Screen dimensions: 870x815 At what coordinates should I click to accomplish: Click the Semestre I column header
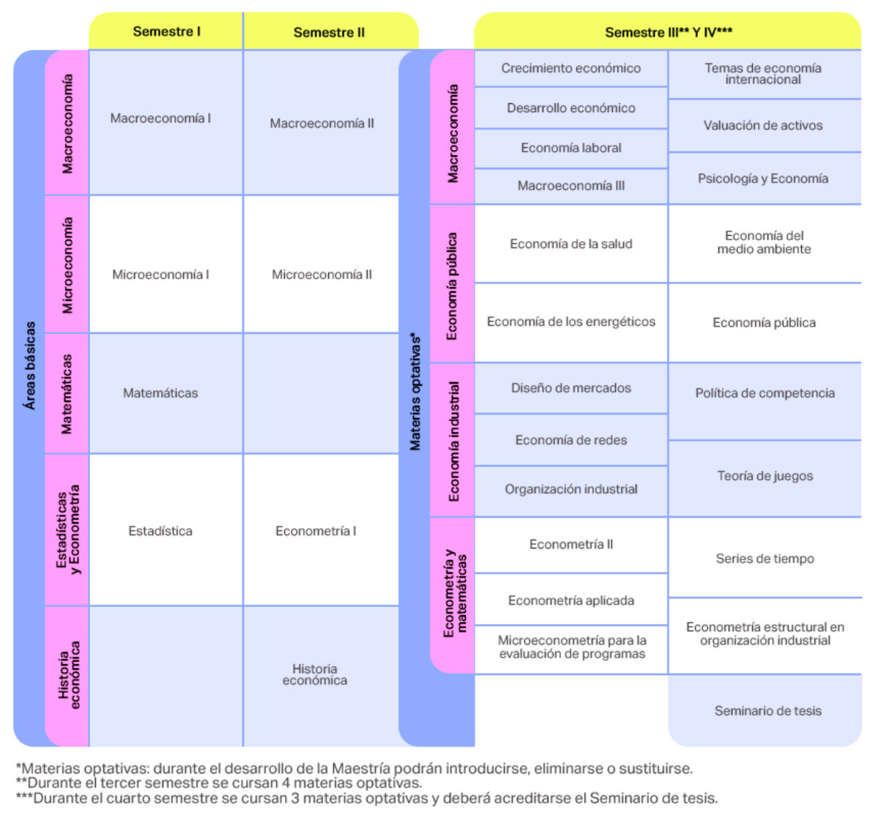tap(166, 31)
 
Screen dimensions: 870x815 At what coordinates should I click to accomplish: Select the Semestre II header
tap(330, 32)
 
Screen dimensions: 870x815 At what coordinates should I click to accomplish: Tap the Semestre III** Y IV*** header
tap(668, 32)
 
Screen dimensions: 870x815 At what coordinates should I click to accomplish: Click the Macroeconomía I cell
tap(166, 122)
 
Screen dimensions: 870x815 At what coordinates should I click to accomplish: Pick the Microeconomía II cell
tap(321, 264)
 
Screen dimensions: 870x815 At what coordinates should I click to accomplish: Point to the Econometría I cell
tap(321, 530)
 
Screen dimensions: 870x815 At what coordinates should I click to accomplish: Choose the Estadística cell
tap(166, 530)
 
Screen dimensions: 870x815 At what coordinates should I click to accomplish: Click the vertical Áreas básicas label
tap(30, 365)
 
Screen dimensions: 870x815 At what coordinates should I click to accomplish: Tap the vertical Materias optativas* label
tap(415, 392)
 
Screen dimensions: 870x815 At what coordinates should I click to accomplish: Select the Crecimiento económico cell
tap(571, 68)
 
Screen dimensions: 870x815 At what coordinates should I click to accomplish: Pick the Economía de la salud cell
tap(571, 244)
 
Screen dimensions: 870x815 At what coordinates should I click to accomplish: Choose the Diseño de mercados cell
tap(571, 388)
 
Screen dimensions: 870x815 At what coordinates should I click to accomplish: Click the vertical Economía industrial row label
tap(453, 441)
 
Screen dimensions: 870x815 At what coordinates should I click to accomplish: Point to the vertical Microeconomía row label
tap(67, 265)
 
